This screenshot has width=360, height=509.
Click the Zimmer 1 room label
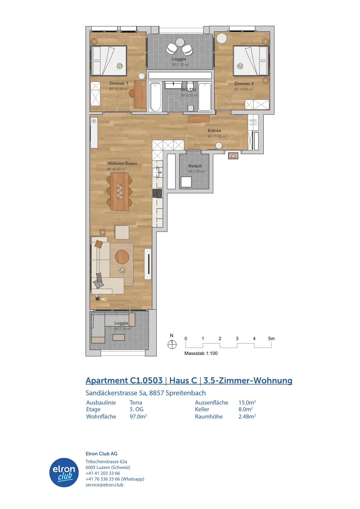(x=119, y=83)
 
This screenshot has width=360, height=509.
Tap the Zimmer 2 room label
(x=244, y=84)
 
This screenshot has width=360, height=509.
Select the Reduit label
(x=195, y=166)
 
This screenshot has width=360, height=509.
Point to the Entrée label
(x=214, y=131)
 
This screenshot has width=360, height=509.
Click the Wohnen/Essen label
(x=122, y=163)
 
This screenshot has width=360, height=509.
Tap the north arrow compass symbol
(x=172, y=345)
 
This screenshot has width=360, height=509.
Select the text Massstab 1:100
(x=201, y=353)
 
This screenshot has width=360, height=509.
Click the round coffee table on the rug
(x=122, y=257)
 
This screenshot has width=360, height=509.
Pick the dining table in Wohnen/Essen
(x=120, y=192)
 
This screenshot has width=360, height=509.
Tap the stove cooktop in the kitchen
(x=157, y=193)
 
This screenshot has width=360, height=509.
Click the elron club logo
(x=64, y=472)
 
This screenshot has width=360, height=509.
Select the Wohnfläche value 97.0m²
(x=138, y=416)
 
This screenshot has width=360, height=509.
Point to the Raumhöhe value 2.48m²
(x=247, y=416)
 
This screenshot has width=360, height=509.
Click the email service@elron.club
(x=104, y=485)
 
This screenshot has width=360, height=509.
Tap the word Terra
(x=136, y=402)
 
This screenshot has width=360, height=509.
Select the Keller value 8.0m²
(x=246, y=409)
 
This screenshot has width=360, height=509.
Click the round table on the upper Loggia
(x=180, y=42)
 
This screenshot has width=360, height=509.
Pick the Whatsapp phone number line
(x=115, y=479)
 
